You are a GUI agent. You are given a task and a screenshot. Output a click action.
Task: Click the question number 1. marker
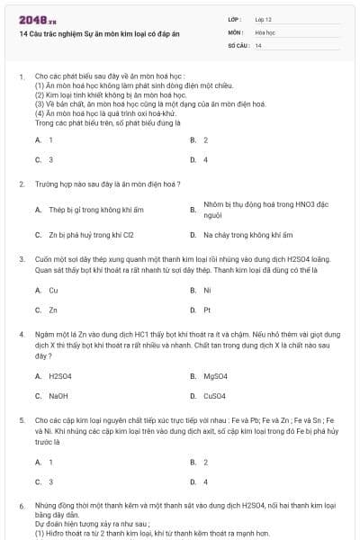coord(21,77)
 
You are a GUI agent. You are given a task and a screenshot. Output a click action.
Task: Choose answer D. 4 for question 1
coord(200,160)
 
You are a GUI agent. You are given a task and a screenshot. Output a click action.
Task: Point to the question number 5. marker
coord(21,419)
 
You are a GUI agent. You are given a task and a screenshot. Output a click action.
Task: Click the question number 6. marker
coord(21,506)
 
